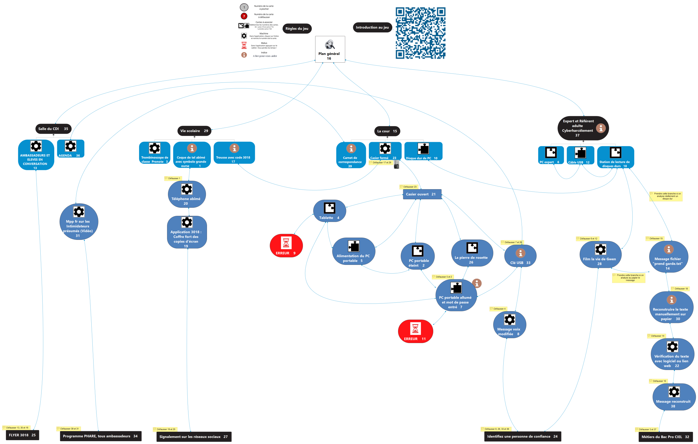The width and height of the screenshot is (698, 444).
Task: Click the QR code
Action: pyautogui.click(x=420, y=33)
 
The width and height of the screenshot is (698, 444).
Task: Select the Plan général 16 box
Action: pyautogui.click(x=330, y=49)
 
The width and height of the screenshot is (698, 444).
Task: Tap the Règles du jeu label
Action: pyautogui.click(x=297, y=29)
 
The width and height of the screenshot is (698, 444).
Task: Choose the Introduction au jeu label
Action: pyautogui.click(x=372, y=27)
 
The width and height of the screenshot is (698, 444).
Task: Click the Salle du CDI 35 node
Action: pyautogui.click(x=53, y=129)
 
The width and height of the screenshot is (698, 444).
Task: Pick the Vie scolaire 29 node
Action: pyautogui.click(x=194, y=131)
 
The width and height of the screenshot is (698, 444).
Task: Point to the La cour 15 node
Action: pyautogui.click(x=387, y=131)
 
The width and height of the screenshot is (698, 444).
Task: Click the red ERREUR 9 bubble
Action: pyautogui.click(x=286, y=246)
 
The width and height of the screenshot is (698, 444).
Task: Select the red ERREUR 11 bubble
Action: pyautogui.click(x=415, y=331)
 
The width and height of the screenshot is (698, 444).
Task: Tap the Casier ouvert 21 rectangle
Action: pyautogui.click(x=422, y=194)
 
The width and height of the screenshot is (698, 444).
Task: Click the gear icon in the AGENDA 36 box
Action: pyautogui.click(x=70, y=146)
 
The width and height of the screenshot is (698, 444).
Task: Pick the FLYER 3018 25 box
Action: pyautogui.click(x=22, y=435)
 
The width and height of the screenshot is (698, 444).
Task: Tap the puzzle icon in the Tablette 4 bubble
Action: pyautogui.click(x=330, y=208)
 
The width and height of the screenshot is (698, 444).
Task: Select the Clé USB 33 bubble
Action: pyautogui.click(x=520, y=256)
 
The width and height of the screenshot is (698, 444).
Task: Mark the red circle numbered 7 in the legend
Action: pyautogui.click(x=244, y=16)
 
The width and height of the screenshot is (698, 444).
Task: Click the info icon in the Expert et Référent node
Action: pyautogui.click(x=601, y=128)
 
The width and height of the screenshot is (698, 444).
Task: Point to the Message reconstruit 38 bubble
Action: pyautogui.click(x=674, y=397)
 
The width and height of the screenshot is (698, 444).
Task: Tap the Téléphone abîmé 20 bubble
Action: pyautogui.click(x=187, y=194)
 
